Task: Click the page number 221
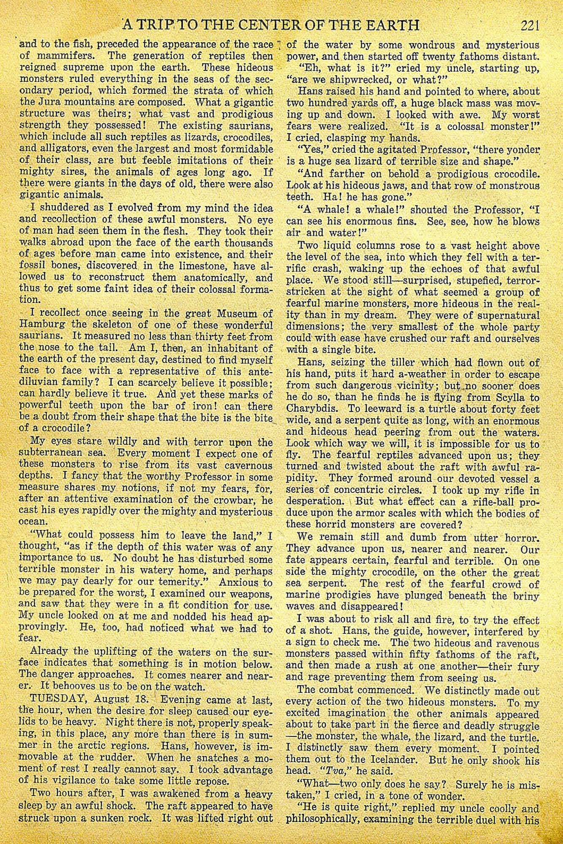(x=530, y=26)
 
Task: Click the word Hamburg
(x=39, y=325)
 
